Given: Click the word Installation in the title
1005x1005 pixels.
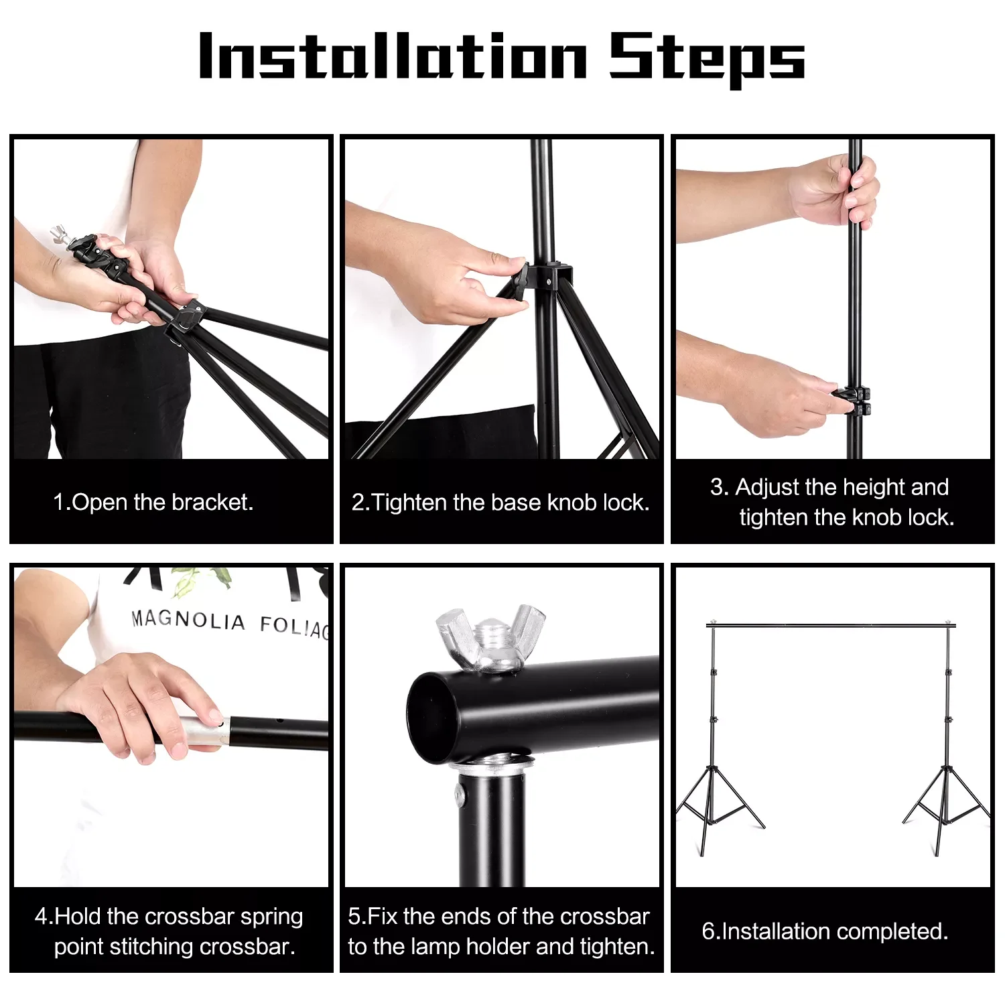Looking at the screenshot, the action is point(393,56).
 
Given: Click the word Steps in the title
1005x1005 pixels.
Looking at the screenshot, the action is point(707,59).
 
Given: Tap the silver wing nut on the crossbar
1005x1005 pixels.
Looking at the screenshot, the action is point(490,638).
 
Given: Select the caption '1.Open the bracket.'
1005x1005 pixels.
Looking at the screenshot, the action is point(153,502).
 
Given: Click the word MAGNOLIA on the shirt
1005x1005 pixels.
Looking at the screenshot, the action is point(188,620).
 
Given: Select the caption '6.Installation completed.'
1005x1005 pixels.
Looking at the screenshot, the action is point(825,931).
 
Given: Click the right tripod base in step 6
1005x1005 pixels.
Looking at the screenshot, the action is point(946,807).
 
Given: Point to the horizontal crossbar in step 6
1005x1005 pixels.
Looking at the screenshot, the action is point(831,625).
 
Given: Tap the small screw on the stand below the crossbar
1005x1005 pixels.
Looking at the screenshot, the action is point(460,794).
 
